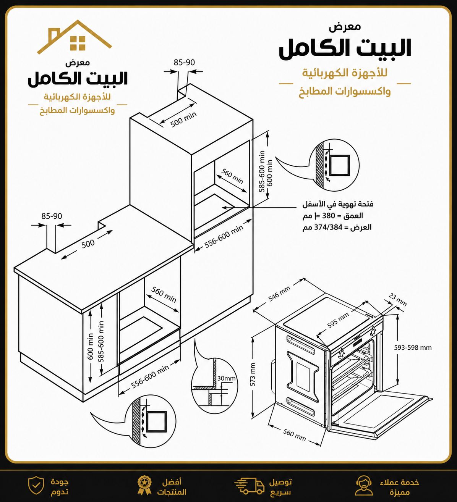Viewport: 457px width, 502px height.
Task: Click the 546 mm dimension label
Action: pos(279,294)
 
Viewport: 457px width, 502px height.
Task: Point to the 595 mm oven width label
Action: pos(338,321)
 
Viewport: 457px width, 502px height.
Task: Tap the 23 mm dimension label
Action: pos(398,300)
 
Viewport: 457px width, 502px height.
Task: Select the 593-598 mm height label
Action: pos(413,348)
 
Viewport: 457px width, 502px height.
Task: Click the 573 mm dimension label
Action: pos(253,374)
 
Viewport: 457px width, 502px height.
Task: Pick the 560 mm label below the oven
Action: pos(294,435)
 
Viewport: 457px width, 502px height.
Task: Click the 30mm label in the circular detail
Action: pos(226,378)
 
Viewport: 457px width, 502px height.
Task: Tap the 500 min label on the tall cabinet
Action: pos(183,119)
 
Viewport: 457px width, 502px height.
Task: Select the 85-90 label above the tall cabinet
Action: pos(184,62)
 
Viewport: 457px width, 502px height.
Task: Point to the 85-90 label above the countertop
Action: pos(52,216)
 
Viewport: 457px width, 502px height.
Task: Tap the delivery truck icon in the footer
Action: pos(249,486)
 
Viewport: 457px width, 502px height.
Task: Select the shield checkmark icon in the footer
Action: pos(36,486)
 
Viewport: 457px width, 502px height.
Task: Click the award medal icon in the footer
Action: pos(144,486)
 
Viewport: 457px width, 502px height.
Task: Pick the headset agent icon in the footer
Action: pos(363,486)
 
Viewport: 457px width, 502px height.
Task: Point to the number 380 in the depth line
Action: pos(329,216)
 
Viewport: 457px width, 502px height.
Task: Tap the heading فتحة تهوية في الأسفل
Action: pos(338,204)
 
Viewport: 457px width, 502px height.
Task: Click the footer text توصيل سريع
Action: pos(280,487)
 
